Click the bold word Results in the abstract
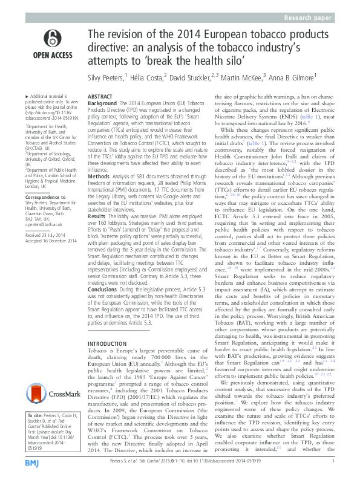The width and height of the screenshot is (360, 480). click(97, 214)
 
